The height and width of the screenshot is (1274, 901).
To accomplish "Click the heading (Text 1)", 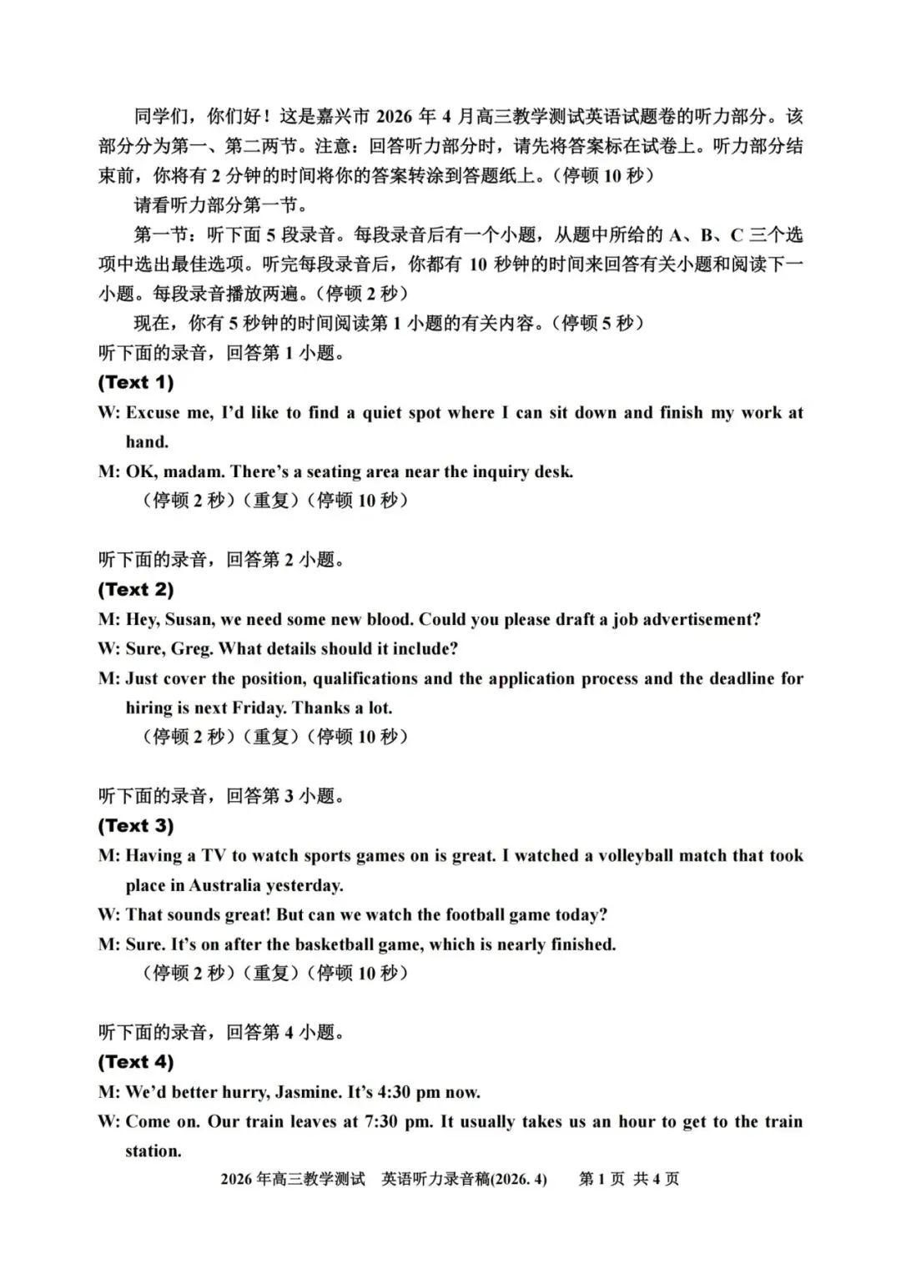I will click(x=135, y=383).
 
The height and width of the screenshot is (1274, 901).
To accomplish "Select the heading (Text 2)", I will click(x=135, y=590).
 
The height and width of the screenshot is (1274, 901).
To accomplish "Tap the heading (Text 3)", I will click(x=135, y=826).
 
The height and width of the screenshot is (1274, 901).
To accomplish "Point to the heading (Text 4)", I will click(x=135, y=1062).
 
